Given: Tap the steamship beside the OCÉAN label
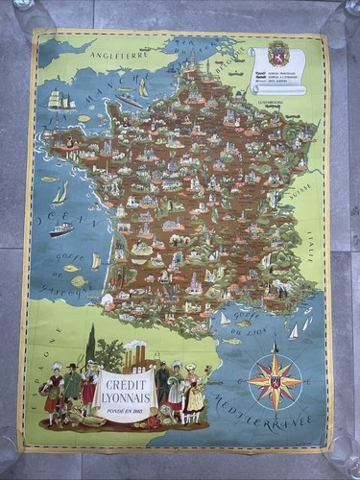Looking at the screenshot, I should pyautogui.click(x=61, y=229).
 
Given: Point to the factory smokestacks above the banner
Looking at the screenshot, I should pyautogui.click(x=133, y=352).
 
